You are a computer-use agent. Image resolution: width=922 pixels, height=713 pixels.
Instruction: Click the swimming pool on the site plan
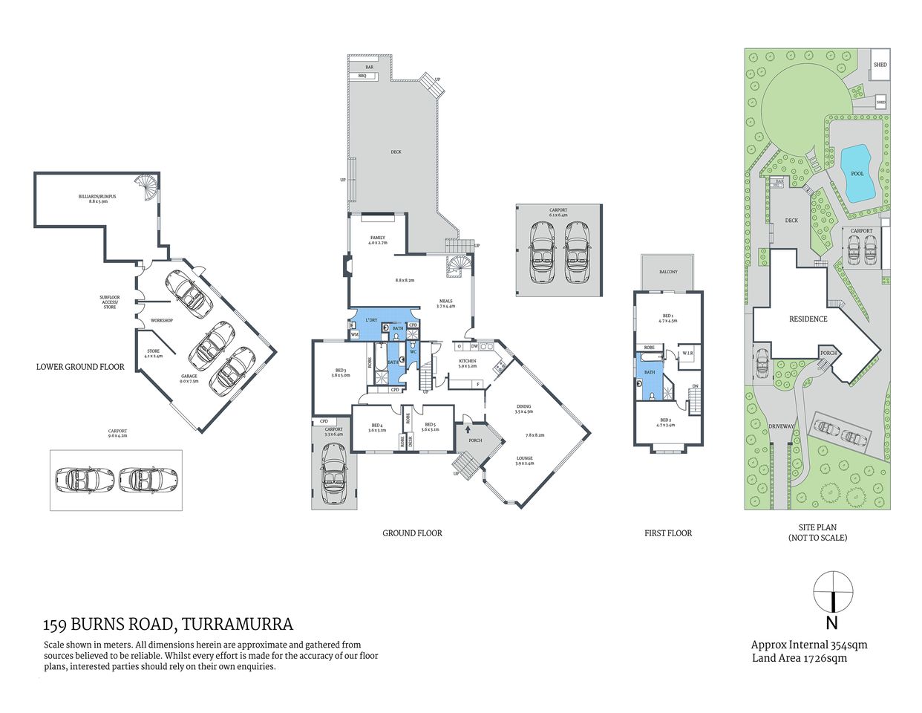856,173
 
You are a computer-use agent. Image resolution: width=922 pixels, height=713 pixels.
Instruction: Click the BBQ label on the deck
362,76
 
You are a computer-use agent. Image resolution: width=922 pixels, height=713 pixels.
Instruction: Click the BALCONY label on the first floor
668,272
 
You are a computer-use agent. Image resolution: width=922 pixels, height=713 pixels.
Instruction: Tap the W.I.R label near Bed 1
687,354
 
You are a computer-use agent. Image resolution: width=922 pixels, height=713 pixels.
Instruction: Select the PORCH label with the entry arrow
475,440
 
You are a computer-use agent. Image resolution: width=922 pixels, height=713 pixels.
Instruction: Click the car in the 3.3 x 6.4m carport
334,470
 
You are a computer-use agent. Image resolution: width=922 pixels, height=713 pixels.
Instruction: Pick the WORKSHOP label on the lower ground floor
161,320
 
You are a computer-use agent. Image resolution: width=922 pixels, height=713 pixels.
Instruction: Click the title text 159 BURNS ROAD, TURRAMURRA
169,625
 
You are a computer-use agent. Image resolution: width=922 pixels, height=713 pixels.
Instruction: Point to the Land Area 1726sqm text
799,657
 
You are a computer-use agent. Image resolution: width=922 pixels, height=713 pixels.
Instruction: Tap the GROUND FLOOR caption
412,533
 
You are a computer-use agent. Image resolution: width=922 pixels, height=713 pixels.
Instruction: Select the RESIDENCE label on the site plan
808,319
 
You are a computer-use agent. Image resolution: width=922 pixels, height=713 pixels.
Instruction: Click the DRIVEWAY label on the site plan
781,426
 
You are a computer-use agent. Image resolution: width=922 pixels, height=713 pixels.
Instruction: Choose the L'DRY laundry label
370,320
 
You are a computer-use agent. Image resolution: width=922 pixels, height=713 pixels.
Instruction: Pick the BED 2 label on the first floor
666,423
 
